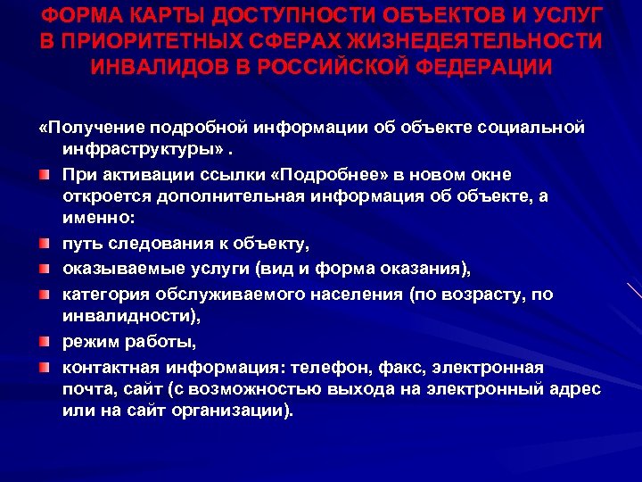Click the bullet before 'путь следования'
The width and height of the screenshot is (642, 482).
pos(45,244)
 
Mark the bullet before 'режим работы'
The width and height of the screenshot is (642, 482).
pos(45,342)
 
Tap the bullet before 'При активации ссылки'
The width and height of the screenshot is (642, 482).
pos(45,173)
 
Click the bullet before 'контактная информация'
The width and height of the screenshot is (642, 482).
pos(45,367)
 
